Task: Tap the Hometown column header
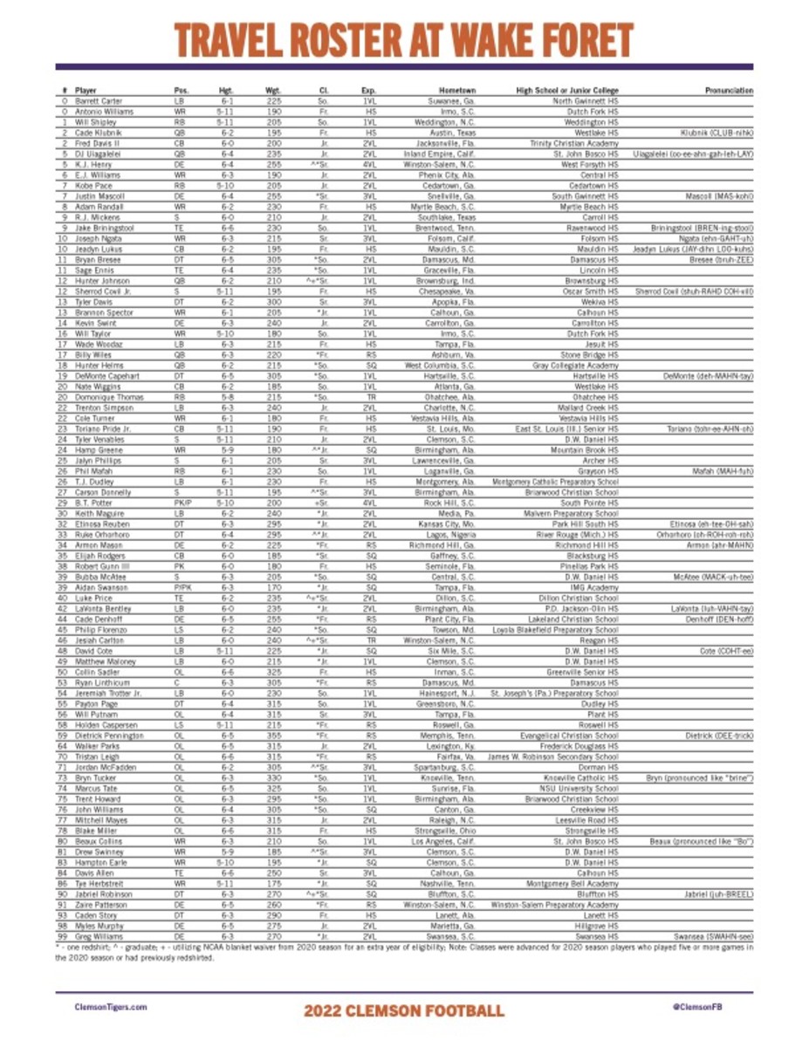coord(457,91)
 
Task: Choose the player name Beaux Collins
coord(98,841)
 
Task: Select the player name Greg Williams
coord(99,935)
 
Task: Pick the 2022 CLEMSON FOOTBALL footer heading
coord(404,1010)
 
